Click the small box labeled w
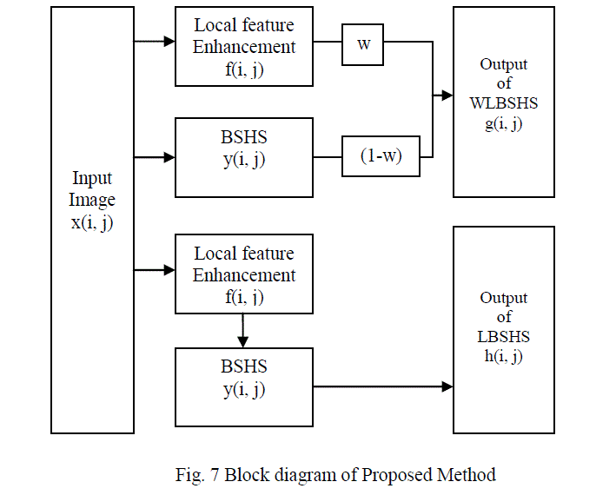(363, 44)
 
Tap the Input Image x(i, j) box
(92, 220)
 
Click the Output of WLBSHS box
(503, 102)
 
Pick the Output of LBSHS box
(503, 330)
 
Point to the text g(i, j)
(503, 122)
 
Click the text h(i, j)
(503, 356)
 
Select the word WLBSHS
(504, 103)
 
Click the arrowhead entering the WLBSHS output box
(447, 95)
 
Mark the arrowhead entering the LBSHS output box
(447, 386)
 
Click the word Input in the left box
(92, 178)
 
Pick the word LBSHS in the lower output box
(504, 337)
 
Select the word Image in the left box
(92, 200)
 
